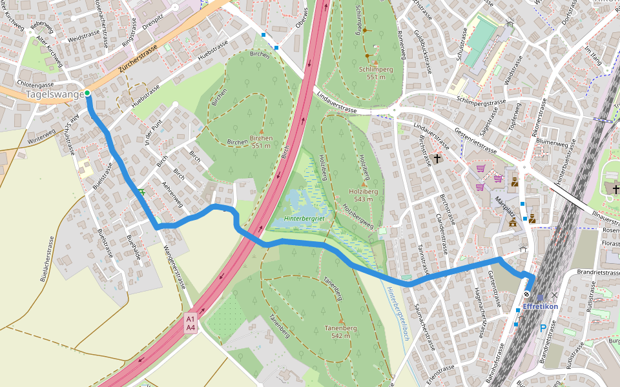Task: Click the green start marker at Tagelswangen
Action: tap(87, 94)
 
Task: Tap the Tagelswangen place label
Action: tap(54, 95)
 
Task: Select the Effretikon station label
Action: tap(540, 306)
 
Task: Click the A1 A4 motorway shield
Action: tap(191, 323)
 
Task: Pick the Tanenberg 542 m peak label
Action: tap(340, 332)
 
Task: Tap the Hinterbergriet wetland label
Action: tap(305, 219)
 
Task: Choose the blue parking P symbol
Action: tap(542, 328)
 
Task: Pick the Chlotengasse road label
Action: tap(36, 84)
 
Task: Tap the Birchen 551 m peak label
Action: tap(261, 141)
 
